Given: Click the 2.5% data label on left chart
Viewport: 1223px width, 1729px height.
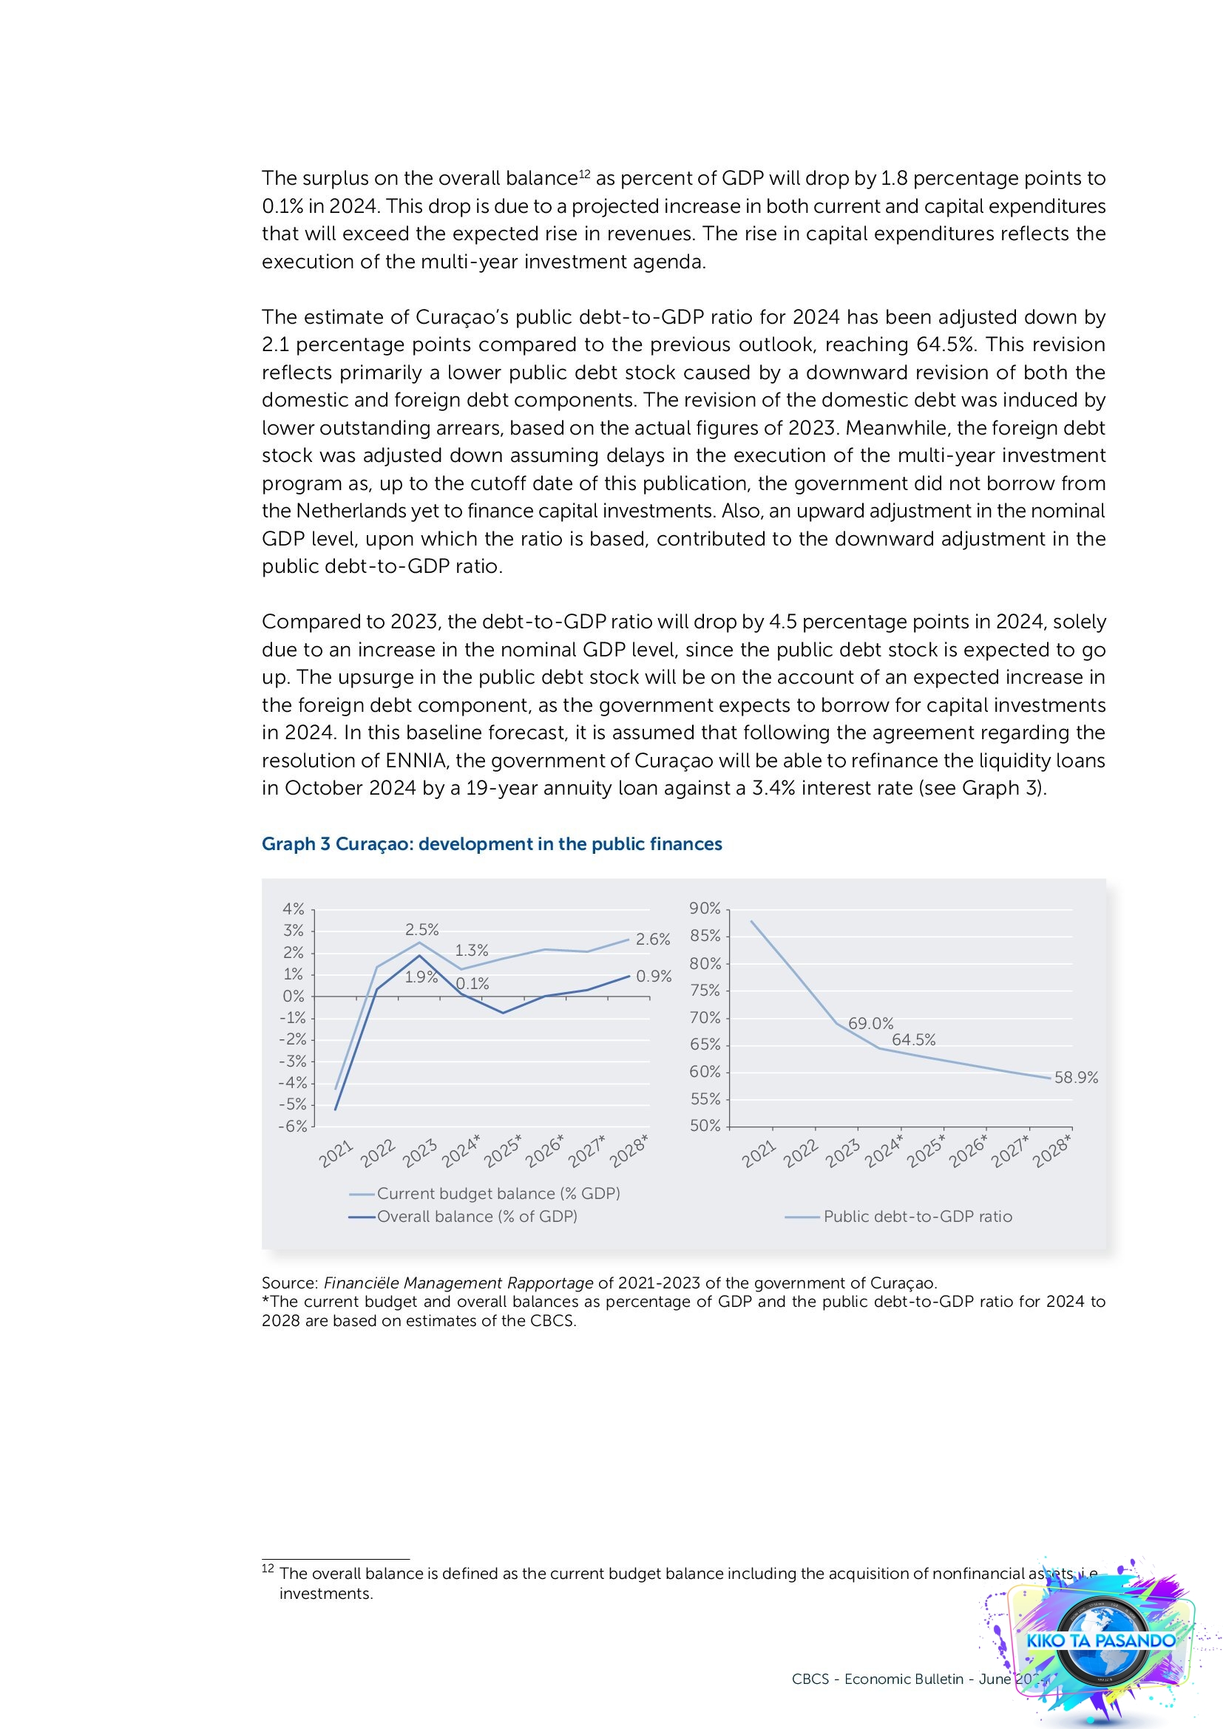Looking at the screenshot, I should (421, 929).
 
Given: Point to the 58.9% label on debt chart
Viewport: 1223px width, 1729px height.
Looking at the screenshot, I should (1075, 1078).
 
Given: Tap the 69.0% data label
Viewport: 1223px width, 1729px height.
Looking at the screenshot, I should (870, 1023).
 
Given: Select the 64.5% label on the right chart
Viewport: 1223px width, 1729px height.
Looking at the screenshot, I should (912, 1040).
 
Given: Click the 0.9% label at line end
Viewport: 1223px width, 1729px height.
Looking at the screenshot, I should (653, 976).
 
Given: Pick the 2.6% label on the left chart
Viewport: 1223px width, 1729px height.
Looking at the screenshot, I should (652, 939).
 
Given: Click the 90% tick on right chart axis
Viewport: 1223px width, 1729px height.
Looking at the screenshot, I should (705, 909).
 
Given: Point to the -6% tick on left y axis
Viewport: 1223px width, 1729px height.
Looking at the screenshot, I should (292, 1127).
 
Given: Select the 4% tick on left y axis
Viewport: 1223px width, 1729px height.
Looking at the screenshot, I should (293, 909).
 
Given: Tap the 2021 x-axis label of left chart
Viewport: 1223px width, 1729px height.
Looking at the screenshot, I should (336, 1154).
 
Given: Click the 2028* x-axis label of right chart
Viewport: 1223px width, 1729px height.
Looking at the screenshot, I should (1052, 1153).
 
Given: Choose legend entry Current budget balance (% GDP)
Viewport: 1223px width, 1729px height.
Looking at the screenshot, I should (498, 1194).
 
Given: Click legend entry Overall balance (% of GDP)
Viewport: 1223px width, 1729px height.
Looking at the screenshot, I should (477, 1216).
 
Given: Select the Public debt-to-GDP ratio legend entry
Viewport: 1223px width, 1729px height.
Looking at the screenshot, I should (917, 1216).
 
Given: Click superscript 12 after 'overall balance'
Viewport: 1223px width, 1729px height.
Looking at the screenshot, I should (583, 174).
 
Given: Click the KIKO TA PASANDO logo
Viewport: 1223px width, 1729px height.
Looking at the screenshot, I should (1100, 1640).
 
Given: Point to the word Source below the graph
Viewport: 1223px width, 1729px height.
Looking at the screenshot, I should (289, 1283).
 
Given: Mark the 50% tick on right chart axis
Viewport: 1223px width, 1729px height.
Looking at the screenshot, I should (705, 1126).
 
